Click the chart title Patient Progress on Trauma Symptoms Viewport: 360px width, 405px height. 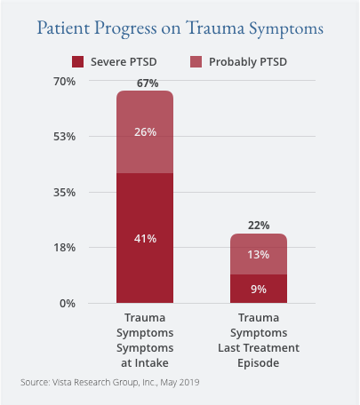(x=180, y=28)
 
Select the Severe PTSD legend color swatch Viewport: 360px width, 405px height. (x=77, y=62)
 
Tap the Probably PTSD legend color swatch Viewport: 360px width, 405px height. (x=196, y=62)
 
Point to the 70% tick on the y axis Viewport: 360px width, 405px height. (x=65, y=82)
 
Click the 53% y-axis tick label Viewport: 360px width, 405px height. (x=65, y=137)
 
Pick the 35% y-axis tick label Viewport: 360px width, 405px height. (x=65, y=193)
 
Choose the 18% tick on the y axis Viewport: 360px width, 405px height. (x=65, y=248)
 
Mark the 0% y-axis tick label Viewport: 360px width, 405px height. (x=68, y=304)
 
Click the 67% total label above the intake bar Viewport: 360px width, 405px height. (x=148, y=83)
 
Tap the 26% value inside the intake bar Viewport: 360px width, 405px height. (x=145, y=132)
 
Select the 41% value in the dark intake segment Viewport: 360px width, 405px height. (x=145, y=239)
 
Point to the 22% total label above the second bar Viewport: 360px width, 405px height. (x=259, y=226)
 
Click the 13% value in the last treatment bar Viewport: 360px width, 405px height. (x=259, y=255)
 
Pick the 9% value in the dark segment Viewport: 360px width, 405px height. (x=259, y=290)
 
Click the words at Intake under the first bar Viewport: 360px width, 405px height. (x=145, y=363)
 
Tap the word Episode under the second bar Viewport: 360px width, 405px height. (x=259, y=363)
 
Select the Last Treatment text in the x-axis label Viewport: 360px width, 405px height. (x=259, y=348)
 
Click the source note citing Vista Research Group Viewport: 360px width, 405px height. (x=110, y=383)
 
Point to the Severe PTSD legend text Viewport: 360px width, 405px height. (x=124, y=62)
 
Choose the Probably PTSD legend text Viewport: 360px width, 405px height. (x=248, y=62)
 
